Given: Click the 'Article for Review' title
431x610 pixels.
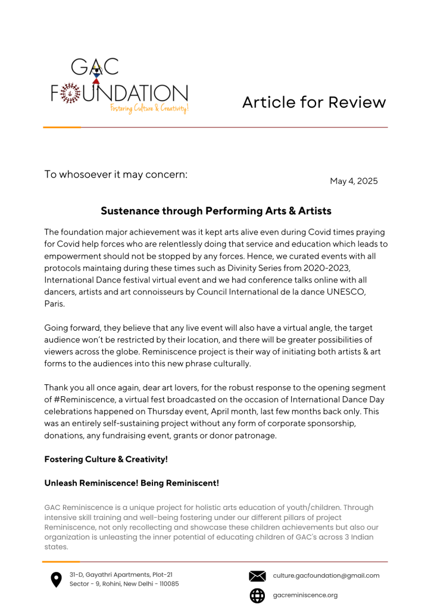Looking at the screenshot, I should (314, 102).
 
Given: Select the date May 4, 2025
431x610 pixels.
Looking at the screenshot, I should (354, 181).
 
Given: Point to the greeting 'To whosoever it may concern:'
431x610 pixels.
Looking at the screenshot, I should (116, 175).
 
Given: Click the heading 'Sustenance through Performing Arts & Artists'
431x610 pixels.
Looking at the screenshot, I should (215, 211).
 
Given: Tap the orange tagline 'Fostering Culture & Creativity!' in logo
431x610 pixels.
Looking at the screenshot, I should (149, 108).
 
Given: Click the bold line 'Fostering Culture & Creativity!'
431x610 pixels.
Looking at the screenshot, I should (106, 459).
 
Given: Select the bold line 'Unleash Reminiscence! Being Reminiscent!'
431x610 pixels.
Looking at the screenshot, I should (132, 483).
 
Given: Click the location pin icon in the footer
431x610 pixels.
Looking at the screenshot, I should (56, 580).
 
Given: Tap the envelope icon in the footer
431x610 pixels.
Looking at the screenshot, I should (257, 576).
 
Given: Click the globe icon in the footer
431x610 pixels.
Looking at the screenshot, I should (257, 595).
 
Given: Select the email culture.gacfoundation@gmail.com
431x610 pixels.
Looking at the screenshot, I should (326, 575).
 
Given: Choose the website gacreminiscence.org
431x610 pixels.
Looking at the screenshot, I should (305, 595).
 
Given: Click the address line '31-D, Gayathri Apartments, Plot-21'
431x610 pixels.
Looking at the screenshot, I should (121, 574).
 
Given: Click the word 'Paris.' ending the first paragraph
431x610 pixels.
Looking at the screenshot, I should (54, 303).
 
